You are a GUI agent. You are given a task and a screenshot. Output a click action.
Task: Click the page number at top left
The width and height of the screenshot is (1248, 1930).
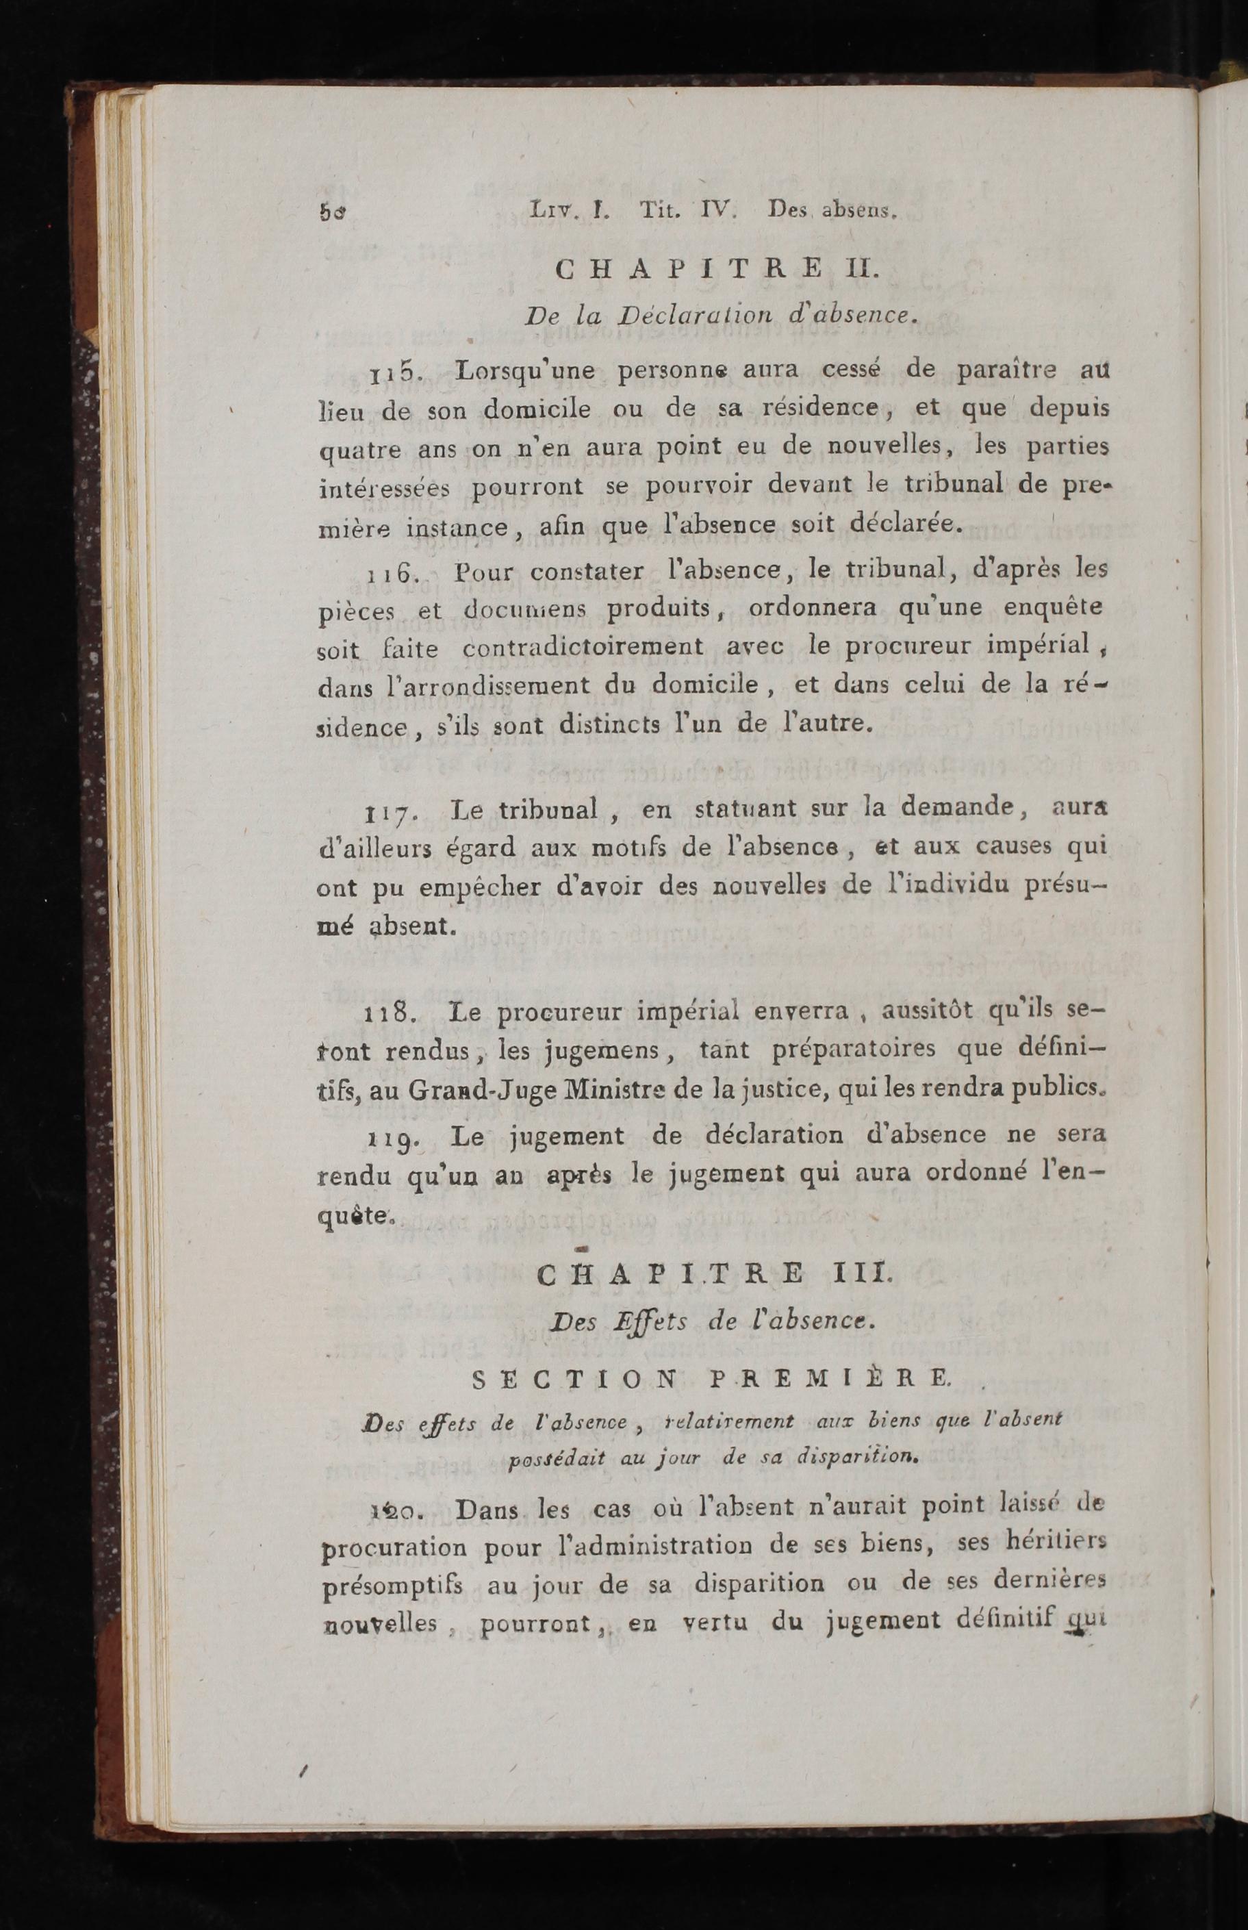click(332, 213)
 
